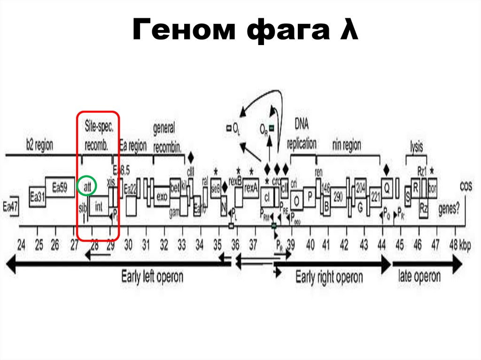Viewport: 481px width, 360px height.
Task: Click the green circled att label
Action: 87,186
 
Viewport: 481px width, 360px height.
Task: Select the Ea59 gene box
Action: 60,187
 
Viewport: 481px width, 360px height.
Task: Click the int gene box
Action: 99,206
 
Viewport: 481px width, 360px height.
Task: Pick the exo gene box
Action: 162,197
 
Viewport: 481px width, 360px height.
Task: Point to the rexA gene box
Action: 251,188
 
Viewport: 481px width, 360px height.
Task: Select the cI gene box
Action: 268,197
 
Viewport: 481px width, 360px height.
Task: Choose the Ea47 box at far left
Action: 10,207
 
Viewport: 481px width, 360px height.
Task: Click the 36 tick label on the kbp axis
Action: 235,245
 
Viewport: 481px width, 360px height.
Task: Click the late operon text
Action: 419,276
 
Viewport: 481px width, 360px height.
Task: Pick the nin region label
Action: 347,146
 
